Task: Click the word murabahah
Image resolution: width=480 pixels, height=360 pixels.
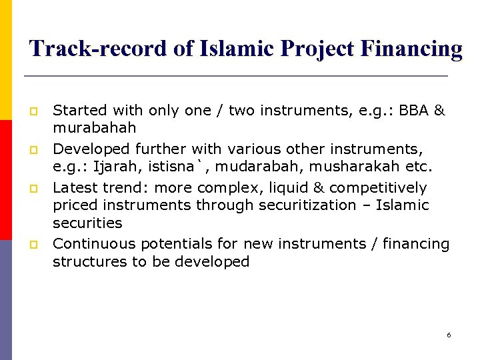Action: pyautogui.click(x=94, y=127)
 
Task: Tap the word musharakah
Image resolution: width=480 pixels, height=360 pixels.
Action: pyautogui.click(x=366, y=165)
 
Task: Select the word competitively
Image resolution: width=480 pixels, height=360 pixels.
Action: pyautogui.click(x=378, y=188)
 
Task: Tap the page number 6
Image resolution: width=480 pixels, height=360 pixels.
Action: pyautogui.click(x=449, y=335)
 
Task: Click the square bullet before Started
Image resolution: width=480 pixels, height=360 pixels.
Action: pyautogui.click(x=31, y=111)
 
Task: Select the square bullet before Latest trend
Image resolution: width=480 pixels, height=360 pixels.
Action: pyautogui.click(x=31, y=189)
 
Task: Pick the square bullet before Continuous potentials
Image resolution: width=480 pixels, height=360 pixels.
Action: pyautogui.click(x=31, y=245)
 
